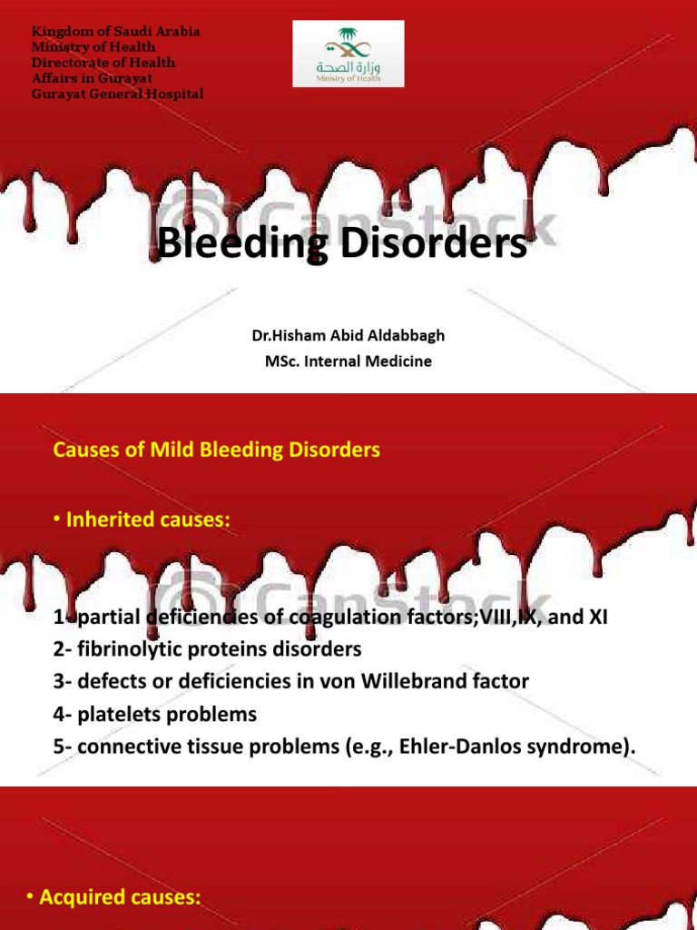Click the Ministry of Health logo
[x=348, y=54]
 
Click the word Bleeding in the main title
[x=235, y=244]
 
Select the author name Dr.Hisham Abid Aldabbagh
[x=348, y=336]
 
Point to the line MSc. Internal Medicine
[x=348, y=361]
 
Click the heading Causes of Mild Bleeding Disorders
[x=217, y=450]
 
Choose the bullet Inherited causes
[x=142, y=520]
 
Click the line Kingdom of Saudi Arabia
[x=115, y=32]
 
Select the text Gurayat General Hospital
[x=118, y=94]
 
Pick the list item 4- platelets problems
[x=155, y=715]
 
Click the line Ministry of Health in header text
[x=93, y=47]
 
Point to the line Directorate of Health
[x=103, y=63]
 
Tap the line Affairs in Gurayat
[x=89, y=78]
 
